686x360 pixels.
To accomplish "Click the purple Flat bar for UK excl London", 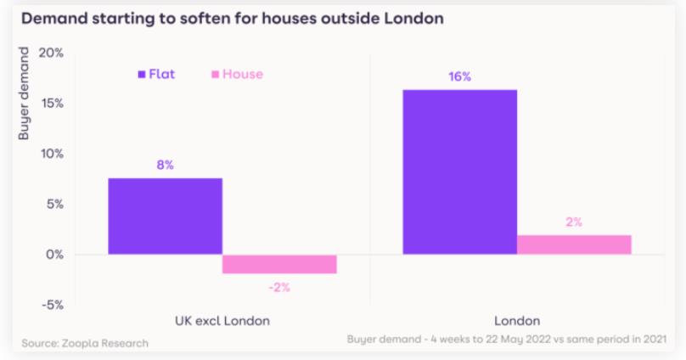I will pyautogui.click(x=165, y=216).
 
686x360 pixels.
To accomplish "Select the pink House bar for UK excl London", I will pyautogui.click(x=279, y=264).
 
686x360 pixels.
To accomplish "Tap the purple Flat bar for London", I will pyautogui.click(x=459, y=172).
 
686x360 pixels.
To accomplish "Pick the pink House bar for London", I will pyautogui.click(x=574, y=245).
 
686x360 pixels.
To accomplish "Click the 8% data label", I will pyautogui.click(x=165, y=165).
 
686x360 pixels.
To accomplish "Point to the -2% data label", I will pyautogui.click(x=279, y=287).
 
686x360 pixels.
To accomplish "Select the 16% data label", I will pyautogui.click(x=459, y=76).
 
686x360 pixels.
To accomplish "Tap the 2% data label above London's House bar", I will pyautogui.click(x=574, y=222).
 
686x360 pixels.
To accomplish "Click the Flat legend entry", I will pyautogui.click(x=156, y=74).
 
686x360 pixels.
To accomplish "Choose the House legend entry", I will pyautogui.click(x=237, y=74).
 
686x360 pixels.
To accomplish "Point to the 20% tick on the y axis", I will pyautogui.click(x=51, y=53).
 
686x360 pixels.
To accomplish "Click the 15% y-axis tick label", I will pyautogui.click(x=51, y=104).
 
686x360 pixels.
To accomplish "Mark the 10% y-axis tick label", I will pyautogui.click(x=51, y=154).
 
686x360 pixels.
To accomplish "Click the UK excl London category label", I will pyautogui.click(x=222, y=321).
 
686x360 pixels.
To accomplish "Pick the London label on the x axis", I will pyautogui.click(x=516, y=321).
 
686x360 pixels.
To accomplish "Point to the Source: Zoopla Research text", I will pyautogui.click(x=84, y=343).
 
